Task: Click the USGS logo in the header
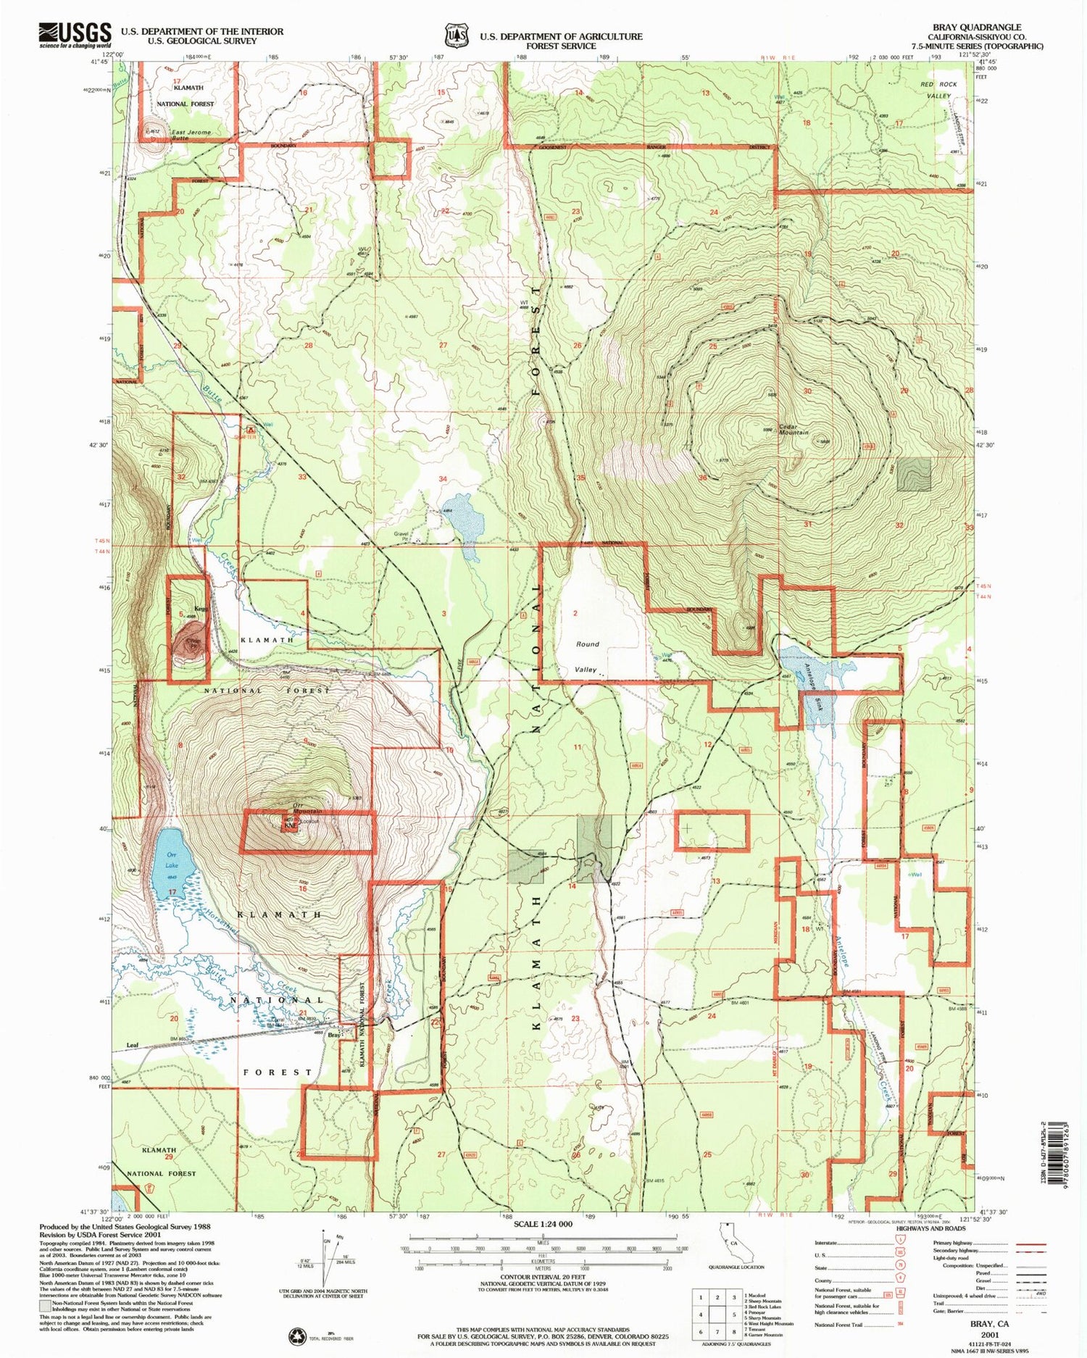coord(75,35)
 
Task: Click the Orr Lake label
coord(171,860)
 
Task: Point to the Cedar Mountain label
coord(794,429)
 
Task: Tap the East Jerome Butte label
coord(191,135)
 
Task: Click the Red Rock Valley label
coord(939,90)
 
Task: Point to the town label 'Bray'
coord(334,1035)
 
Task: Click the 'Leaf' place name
coord(132,1045)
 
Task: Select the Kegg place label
coord(201,609)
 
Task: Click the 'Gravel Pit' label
coord(401,536)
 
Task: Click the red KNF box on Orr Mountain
coord(290,825)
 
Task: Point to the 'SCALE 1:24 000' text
coord(542,1224)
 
